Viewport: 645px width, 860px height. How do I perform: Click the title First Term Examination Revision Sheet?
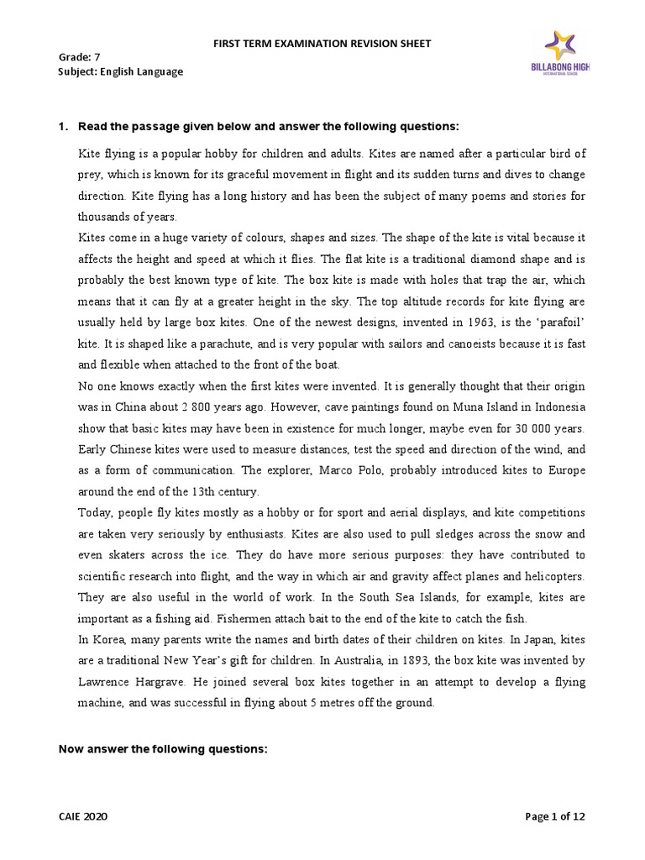pos(322,44)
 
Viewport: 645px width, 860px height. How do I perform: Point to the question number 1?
pos(61,127)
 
